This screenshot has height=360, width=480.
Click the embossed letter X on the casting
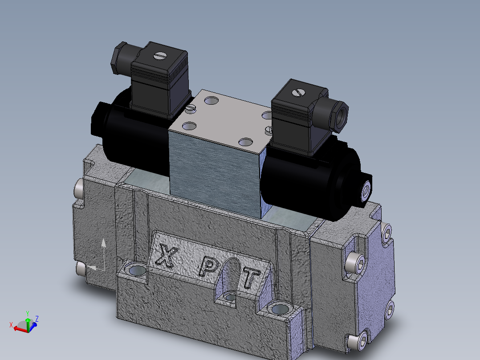(166, 256)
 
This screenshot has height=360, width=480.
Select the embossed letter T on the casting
(251, 278)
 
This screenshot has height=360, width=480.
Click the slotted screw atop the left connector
(159, 56)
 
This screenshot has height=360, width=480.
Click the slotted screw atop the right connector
(298, 92)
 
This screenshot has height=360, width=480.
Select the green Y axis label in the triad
(28, 313)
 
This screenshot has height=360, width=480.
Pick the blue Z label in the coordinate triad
(37, 319)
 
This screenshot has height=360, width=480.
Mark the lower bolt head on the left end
(80, 268)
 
